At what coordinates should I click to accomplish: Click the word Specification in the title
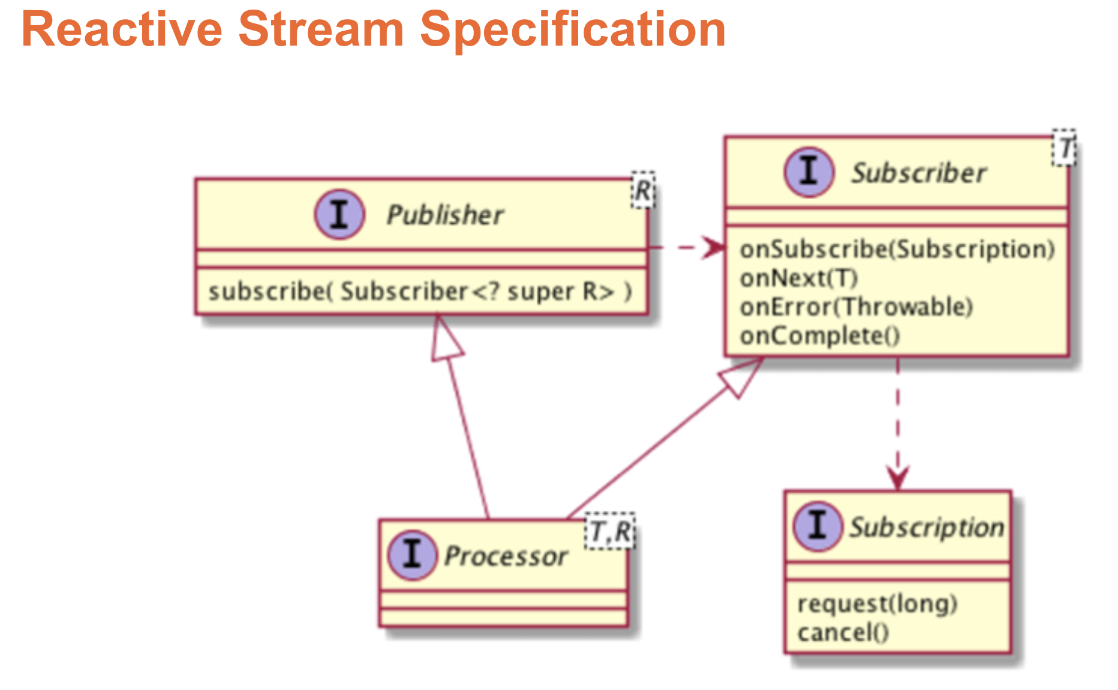tap(573, 30)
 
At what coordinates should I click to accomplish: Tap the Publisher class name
tap(444, 215)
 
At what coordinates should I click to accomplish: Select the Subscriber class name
tap(918, 173)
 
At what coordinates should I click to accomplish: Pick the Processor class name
tap(506, 556)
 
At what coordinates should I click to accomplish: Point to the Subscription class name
tap(927, 527)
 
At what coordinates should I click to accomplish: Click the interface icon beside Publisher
tap(339, 214)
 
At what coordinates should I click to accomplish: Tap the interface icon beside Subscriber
tap(809, 172)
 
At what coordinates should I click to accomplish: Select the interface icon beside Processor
tap(412, 555)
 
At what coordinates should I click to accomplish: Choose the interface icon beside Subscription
tap(818, 526)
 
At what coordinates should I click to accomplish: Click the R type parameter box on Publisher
tap(643, 191)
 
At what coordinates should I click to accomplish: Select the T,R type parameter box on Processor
tap(610, 532)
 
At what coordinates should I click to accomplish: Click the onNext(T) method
tap(798, 278)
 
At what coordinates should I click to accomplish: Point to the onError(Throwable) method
tap(856, 307)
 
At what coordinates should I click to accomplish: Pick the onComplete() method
tap(820, 336)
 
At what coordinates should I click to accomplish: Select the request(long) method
tap(877, 604)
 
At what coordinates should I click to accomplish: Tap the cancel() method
tap(843, 632)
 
